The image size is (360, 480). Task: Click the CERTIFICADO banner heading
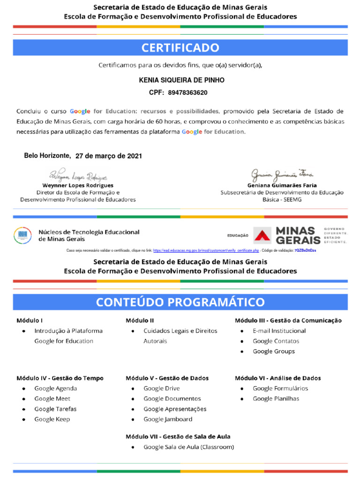[180, 48]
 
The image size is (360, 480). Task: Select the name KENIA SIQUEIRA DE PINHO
[182, 80]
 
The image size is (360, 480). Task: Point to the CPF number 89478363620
[187, 93]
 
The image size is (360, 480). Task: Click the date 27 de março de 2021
[109, 156]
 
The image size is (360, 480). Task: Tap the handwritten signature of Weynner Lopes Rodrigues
[78, 176]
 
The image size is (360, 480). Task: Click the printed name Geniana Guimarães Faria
[282, 186]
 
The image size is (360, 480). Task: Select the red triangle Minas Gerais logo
[262, 235]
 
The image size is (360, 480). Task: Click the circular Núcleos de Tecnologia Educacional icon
[22, 235]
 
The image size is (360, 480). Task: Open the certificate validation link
[206, 251]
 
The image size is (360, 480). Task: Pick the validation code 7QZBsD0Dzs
[305, 251]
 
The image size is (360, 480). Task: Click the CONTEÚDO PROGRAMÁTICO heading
[180, 302]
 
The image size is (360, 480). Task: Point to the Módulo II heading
[140, 321]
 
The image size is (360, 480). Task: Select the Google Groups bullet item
[274, 351]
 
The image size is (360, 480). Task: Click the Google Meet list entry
[52, 398]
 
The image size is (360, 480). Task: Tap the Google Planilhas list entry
[276, 398]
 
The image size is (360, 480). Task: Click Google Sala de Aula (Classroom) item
[188, 447]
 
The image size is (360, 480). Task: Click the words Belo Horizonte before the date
[47, 156]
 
